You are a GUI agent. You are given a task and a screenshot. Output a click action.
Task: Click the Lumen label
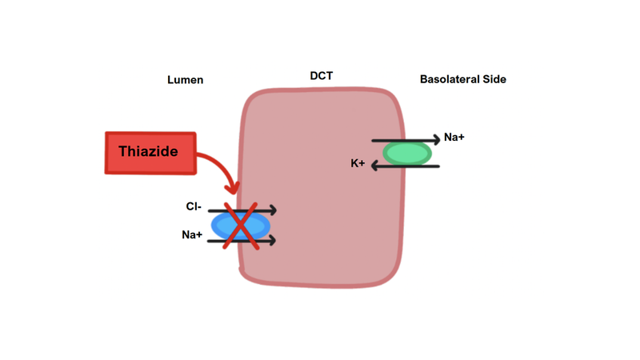[x=185, y=80]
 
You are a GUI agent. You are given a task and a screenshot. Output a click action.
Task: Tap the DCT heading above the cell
[x=322, y=76]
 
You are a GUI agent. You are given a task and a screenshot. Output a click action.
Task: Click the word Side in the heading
[x=494, y=79]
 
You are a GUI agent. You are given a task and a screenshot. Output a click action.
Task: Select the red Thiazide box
[x=150, y=153]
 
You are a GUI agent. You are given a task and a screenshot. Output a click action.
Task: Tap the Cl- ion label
[x=193, y=206]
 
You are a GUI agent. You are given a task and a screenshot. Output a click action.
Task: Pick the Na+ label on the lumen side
[x=192, y=235]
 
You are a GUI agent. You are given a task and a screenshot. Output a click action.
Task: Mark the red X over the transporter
[x=240, y=226]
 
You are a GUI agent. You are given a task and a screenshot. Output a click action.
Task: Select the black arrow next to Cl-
[x=264, y=210]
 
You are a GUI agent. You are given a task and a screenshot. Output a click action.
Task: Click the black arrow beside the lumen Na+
[x=264, y=240]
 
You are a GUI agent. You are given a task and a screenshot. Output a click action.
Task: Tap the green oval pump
[x=406, y=153]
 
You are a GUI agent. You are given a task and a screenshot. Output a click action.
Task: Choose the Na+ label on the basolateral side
[x=454, y=138]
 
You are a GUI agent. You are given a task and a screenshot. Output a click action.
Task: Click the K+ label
[x=358, y=164]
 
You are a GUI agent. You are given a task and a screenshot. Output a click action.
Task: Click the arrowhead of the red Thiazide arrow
[x=233, y=189]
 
